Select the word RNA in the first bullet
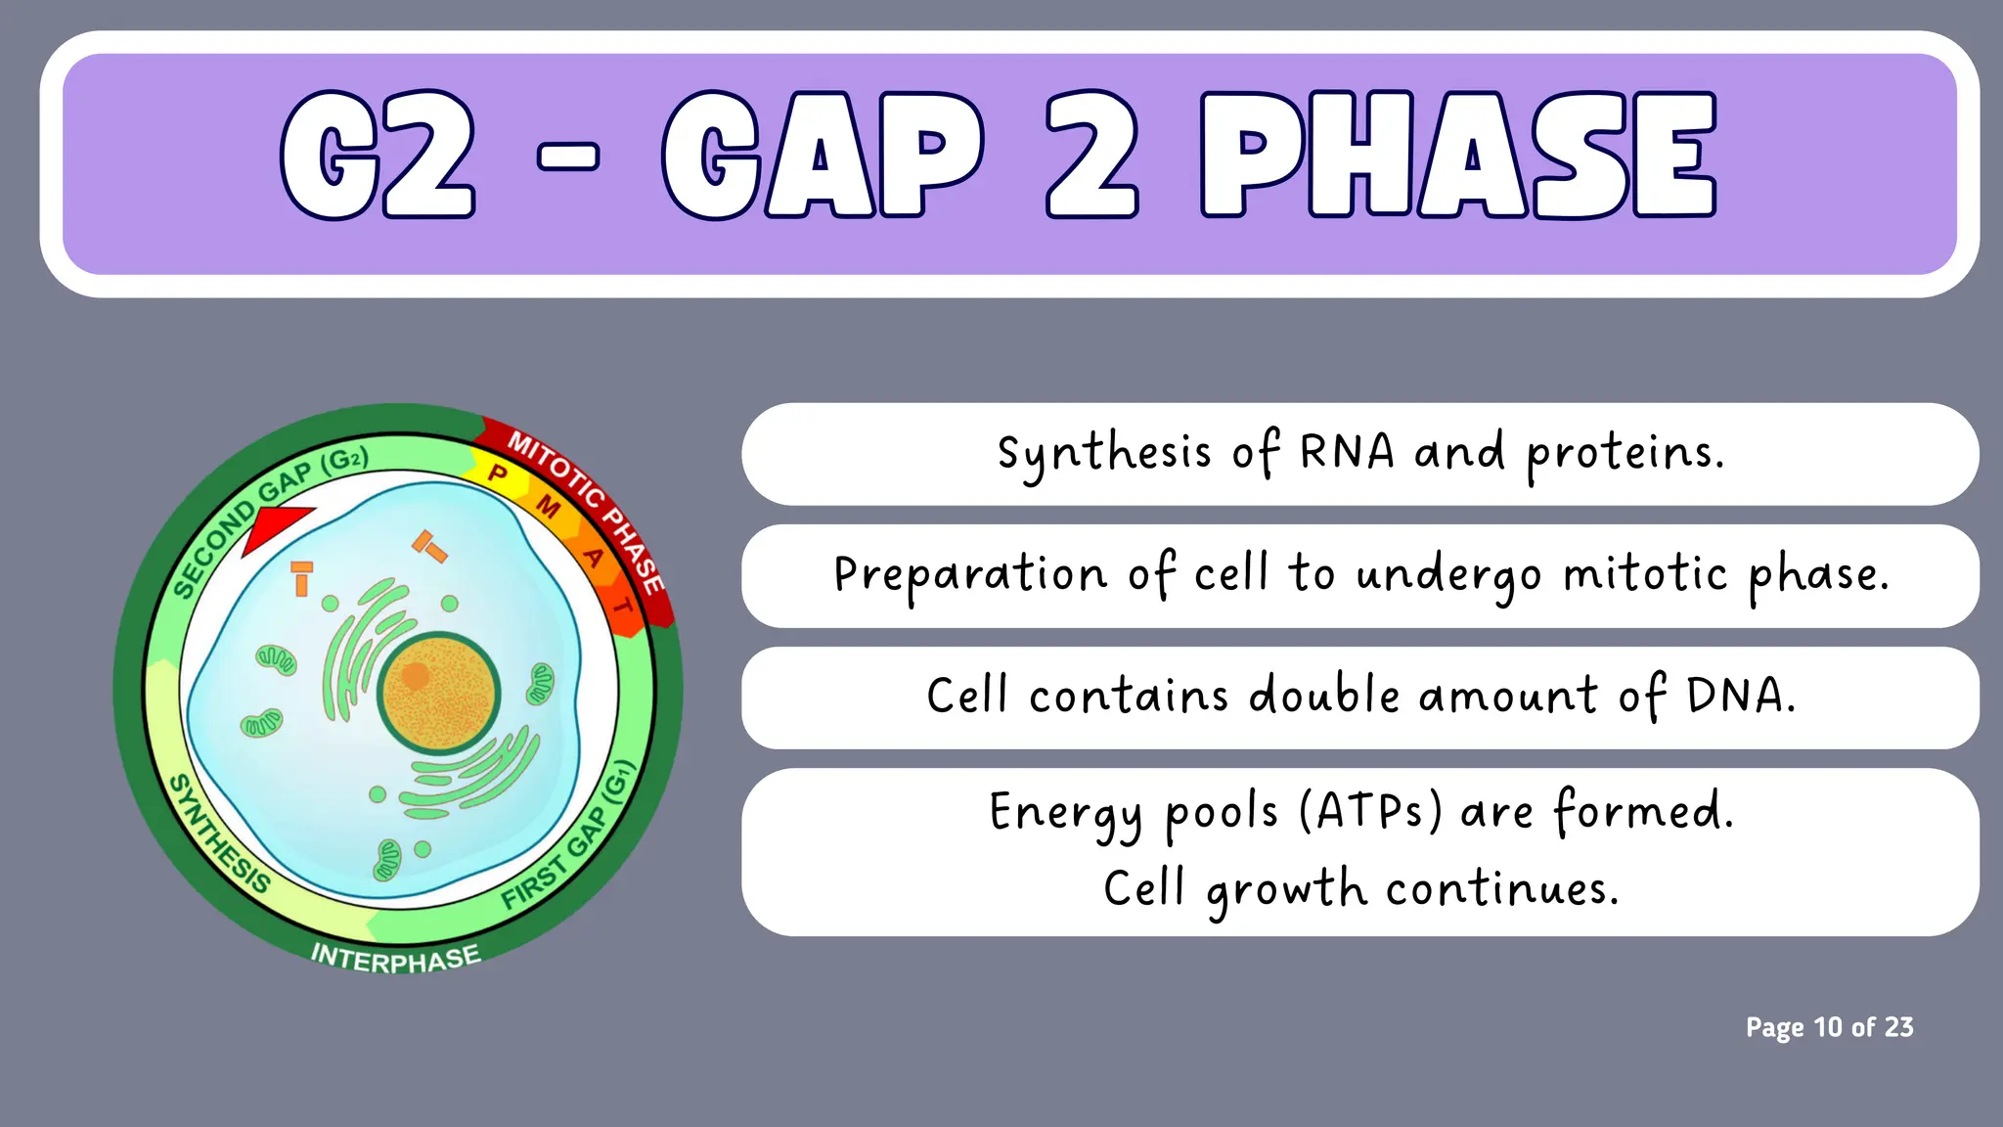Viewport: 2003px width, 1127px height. (x=1346, y=453)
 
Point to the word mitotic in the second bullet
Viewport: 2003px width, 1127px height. (x=1645, y=574)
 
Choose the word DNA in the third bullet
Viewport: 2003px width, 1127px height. (x=1740, y=697)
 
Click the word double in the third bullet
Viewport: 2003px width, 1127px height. (x=1324, y=696)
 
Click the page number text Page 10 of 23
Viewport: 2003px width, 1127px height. (x=1829, y=1027)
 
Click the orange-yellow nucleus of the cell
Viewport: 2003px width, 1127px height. (x=439, y=693)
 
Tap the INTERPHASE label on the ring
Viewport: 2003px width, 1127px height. (x=395, y=957)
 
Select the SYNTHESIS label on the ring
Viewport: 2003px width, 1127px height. (x=219, y=834)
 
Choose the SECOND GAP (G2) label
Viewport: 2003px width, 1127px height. (x=269, y=519)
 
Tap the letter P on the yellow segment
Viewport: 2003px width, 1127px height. (x=498, y=474)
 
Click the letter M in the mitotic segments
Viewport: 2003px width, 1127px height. (x=549, y=507)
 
